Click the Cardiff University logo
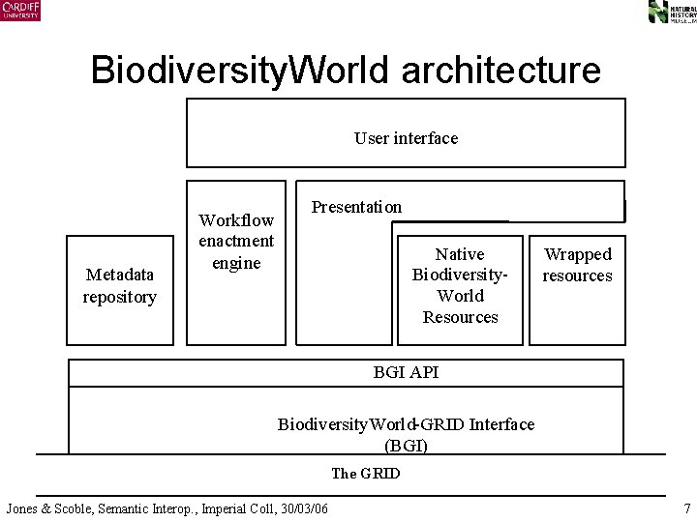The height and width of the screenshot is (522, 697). click(x=20, y=11)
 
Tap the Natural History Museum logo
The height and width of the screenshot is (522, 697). click(x=670, y=12)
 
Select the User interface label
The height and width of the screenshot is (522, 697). click(x=406, y=138)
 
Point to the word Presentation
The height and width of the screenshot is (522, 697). click(x=356, y=207)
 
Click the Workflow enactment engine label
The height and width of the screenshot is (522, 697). click(x=236, y=242)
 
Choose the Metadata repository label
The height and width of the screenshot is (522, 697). click(x=119, y=286)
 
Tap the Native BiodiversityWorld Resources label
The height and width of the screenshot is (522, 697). click(x=460, y=285)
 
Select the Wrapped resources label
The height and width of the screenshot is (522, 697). click(x=577, y=265)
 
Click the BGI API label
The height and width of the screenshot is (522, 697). click(x=406, y=372)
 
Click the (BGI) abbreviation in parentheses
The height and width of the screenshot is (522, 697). click(x=406, y=445)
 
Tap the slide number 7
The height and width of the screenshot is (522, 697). click(x=686, y=508)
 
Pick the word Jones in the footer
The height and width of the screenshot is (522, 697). click(x=23, y=508)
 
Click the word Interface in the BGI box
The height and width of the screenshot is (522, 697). click(x=500, y=424)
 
